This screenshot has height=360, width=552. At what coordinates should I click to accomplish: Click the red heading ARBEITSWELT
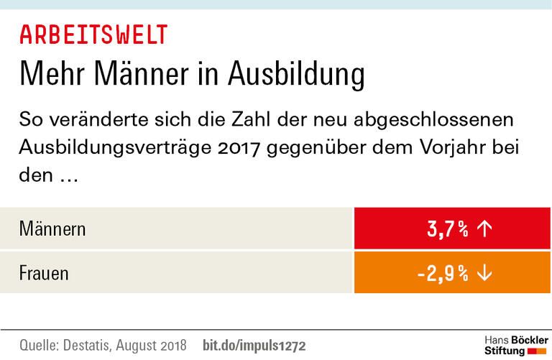pos(93,34)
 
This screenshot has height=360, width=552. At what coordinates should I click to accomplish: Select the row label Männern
pos(52,229)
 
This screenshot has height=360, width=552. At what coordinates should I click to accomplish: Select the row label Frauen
pos(44,273)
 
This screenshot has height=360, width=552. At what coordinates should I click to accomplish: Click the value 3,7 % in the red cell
pos(447,229)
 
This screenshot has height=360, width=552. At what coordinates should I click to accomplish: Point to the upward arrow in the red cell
pos(484,229)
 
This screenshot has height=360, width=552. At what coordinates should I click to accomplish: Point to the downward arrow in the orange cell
pos(484,273)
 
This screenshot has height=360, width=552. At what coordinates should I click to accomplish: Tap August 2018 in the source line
pos(156,345)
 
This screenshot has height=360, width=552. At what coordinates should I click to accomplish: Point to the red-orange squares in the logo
pos(538,351)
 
